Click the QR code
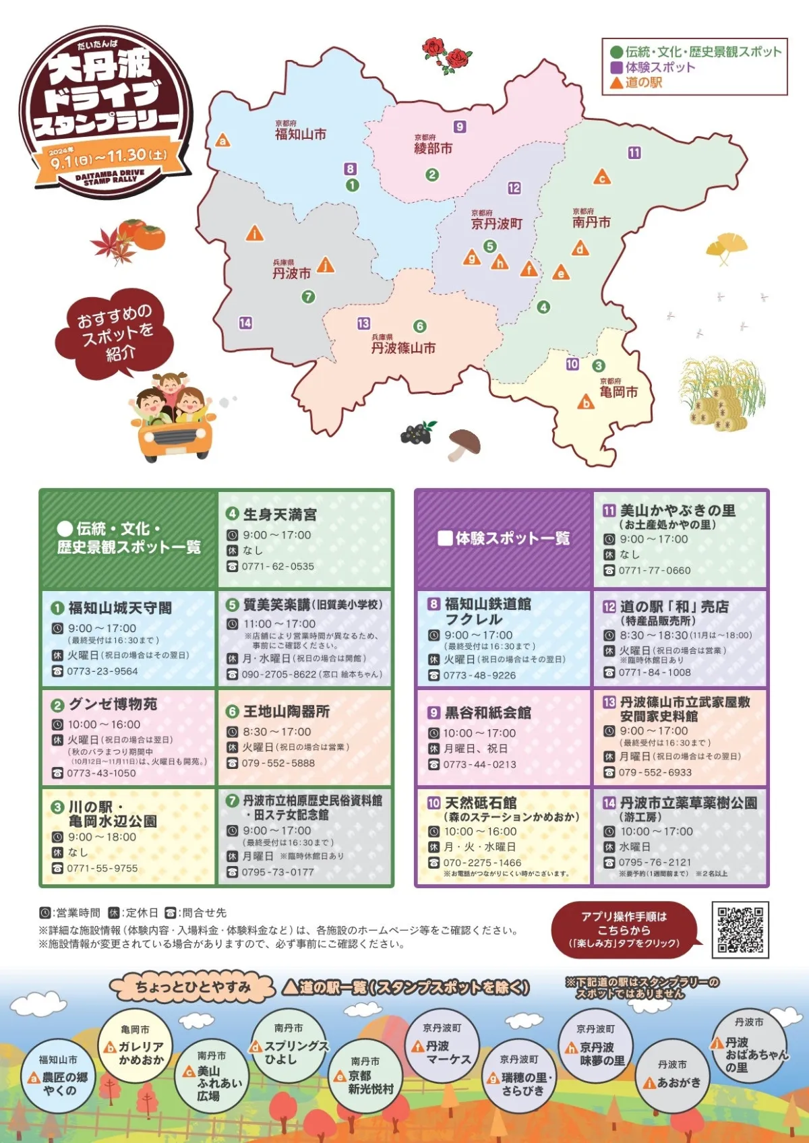tap(740, 929)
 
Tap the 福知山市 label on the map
tap(300, 134)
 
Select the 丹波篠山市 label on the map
tap(403, 348)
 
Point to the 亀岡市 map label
tap(618, 392)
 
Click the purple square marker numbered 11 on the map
tap(634, 153)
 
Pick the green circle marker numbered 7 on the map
tap(308, 297)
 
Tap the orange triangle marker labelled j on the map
tap(326, 265)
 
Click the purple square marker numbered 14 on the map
tap(245, 323)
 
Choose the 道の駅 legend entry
tap(636, 82)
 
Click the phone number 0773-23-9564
tap(102, 671)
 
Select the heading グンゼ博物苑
tap(113, 704)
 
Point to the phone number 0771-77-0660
tap(655, 570)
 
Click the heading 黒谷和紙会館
tap(487, 713)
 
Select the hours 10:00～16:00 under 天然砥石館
tap(480, 832)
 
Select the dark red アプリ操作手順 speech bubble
tap(624, 929)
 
